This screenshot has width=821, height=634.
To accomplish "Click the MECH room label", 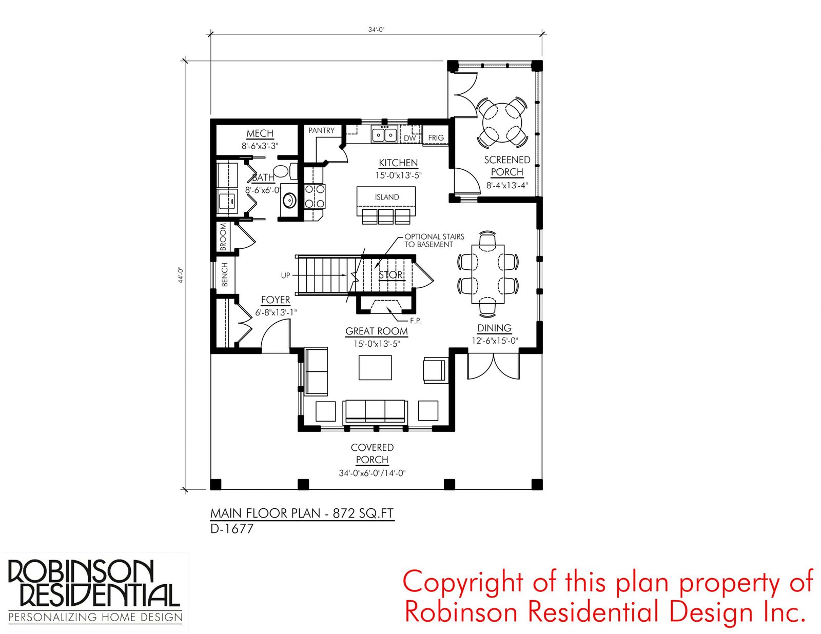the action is tap(260, 133).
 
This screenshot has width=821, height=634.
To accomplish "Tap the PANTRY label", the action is tap(321, 130).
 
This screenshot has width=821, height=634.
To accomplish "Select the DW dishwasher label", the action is tap(409, 138).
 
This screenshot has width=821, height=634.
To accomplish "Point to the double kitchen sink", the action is tap(384, 134).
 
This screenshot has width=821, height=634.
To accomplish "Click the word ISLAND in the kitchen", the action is tap(387, 197).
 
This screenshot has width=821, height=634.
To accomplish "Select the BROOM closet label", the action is tap(223, 237).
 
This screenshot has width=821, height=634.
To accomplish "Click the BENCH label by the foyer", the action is tap(224, 274).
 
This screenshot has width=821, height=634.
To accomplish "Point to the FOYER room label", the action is tap(276, 300).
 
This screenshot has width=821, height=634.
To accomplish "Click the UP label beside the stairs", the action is tap(286, 275).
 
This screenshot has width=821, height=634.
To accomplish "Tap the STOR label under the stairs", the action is tap(391, 275).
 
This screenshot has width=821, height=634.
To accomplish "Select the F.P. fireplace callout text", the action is tap(416, 321).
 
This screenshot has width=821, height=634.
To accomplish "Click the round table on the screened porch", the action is tap(502, 122).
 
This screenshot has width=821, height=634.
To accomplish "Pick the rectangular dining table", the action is tap(488, 274).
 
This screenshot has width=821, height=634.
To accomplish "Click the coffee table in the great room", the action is tap(375, 367).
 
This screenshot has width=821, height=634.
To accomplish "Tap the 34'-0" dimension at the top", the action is tap(376, 29).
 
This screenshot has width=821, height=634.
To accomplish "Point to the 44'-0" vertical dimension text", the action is tap(181, 275).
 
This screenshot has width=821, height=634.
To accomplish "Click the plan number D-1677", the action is tap(231, 529).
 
